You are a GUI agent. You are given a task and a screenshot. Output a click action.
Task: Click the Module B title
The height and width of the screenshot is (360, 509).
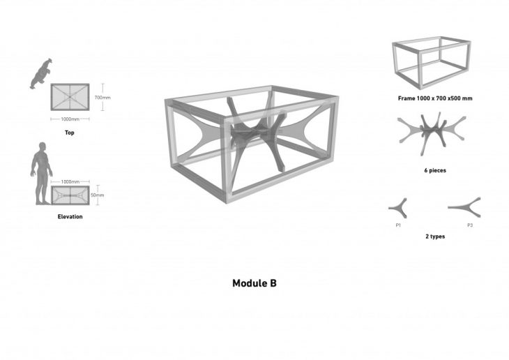[x=254, y=284]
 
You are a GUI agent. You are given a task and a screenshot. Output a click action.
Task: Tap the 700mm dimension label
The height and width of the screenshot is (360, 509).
[x=102, y=98]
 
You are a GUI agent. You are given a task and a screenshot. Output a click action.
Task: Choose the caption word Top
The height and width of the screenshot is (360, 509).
[x=69, y=133]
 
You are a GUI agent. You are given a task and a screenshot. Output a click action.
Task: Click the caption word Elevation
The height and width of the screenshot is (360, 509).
[x=70, y=217]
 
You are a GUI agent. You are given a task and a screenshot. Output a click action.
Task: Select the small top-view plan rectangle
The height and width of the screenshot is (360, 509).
[x=70, y=97]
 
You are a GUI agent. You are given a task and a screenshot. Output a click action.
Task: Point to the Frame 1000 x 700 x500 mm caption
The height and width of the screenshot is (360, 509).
[x=434, y=98]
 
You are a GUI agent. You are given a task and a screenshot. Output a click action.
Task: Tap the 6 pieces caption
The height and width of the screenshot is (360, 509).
[x=434, y=170]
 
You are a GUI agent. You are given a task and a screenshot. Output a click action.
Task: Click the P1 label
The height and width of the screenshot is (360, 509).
[x=398, y=225]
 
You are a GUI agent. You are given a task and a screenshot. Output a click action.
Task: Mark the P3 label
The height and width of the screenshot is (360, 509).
[x=471, y=225]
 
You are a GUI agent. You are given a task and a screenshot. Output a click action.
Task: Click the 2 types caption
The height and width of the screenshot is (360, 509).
[x=434, y=237]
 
